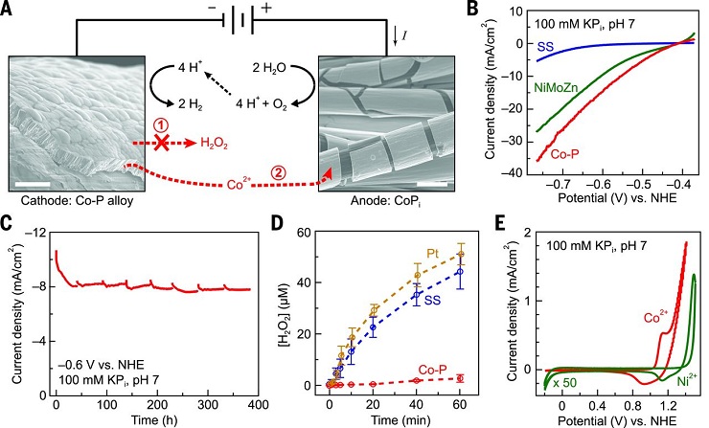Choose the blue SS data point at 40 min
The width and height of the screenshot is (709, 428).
[417, 295]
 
